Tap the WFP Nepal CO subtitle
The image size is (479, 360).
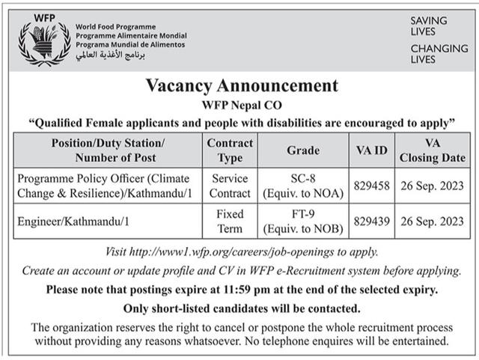(x=239, y=105)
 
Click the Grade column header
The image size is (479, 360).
(x=302, y=150)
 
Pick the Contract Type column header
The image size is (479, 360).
(x=230, y=150)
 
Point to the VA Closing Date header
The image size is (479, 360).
(x=432, y=150)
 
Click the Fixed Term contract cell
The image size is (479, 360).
(x=230, y=222)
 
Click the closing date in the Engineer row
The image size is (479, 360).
(x=432, y=222)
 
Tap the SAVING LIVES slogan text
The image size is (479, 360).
(x=429, y=26)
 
